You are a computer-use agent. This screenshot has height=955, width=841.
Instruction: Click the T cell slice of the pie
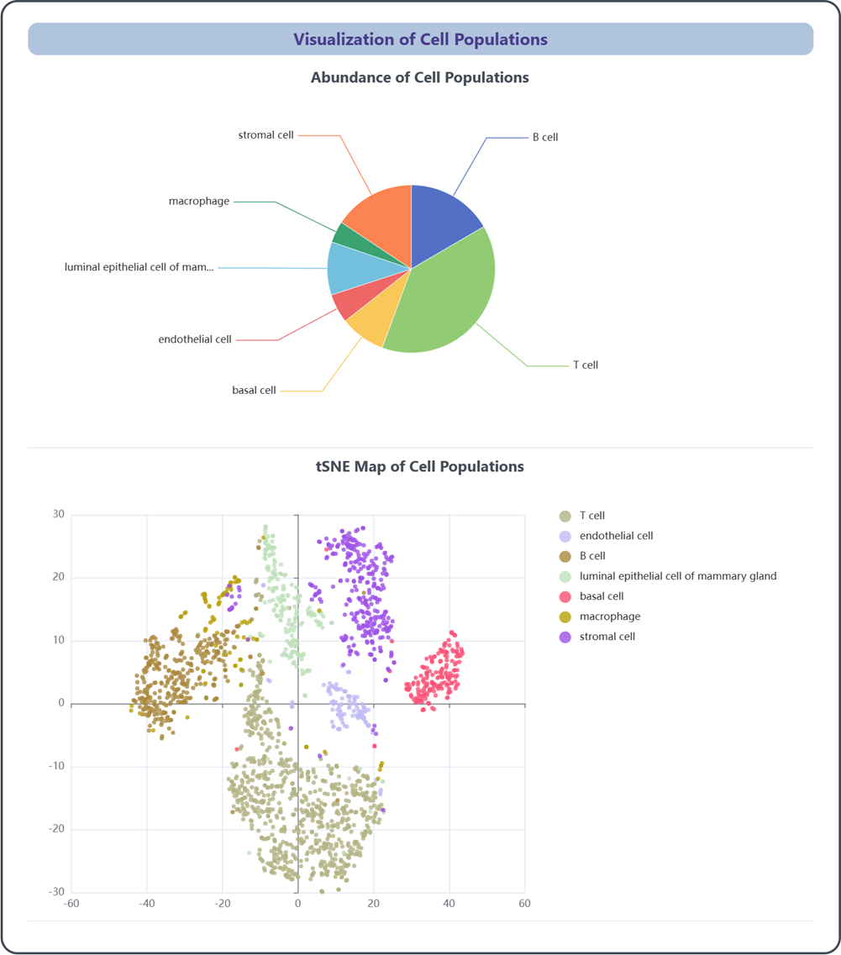click(445, 294)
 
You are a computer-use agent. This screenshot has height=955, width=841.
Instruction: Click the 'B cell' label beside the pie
click(545, 137)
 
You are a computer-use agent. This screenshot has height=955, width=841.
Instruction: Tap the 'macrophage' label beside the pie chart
click(199, 202)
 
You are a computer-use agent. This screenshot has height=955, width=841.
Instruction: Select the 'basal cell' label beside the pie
click(254, 391)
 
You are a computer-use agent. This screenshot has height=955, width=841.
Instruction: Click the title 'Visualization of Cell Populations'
click(420, 39)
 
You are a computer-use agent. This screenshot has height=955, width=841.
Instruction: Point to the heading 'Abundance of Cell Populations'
click(420, 77)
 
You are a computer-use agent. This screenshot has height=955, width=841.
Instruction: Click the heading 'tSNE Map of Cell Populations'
click(420, 466)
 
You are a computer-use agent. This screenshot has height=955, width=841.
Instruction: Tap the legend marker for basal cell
click(565, 596)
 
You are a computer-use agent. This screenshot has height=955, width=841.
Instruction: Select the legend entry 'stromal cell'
click(607, 637)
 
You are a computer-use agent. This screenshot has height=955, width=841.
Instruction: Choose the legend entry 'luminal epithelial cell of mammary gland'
click(677, 576)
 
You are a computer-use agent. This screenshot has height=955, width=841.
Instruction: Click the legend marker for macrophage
click(565, 617)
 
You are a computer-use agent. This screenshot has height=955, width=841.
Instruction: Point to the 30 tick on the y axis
click(59, 515)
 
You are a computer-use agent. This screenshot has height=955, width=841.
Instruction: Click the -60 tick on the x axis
click(71, 904)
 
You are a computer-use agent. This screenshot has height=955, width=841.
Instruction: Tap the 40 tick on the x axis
click(449, 904)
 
